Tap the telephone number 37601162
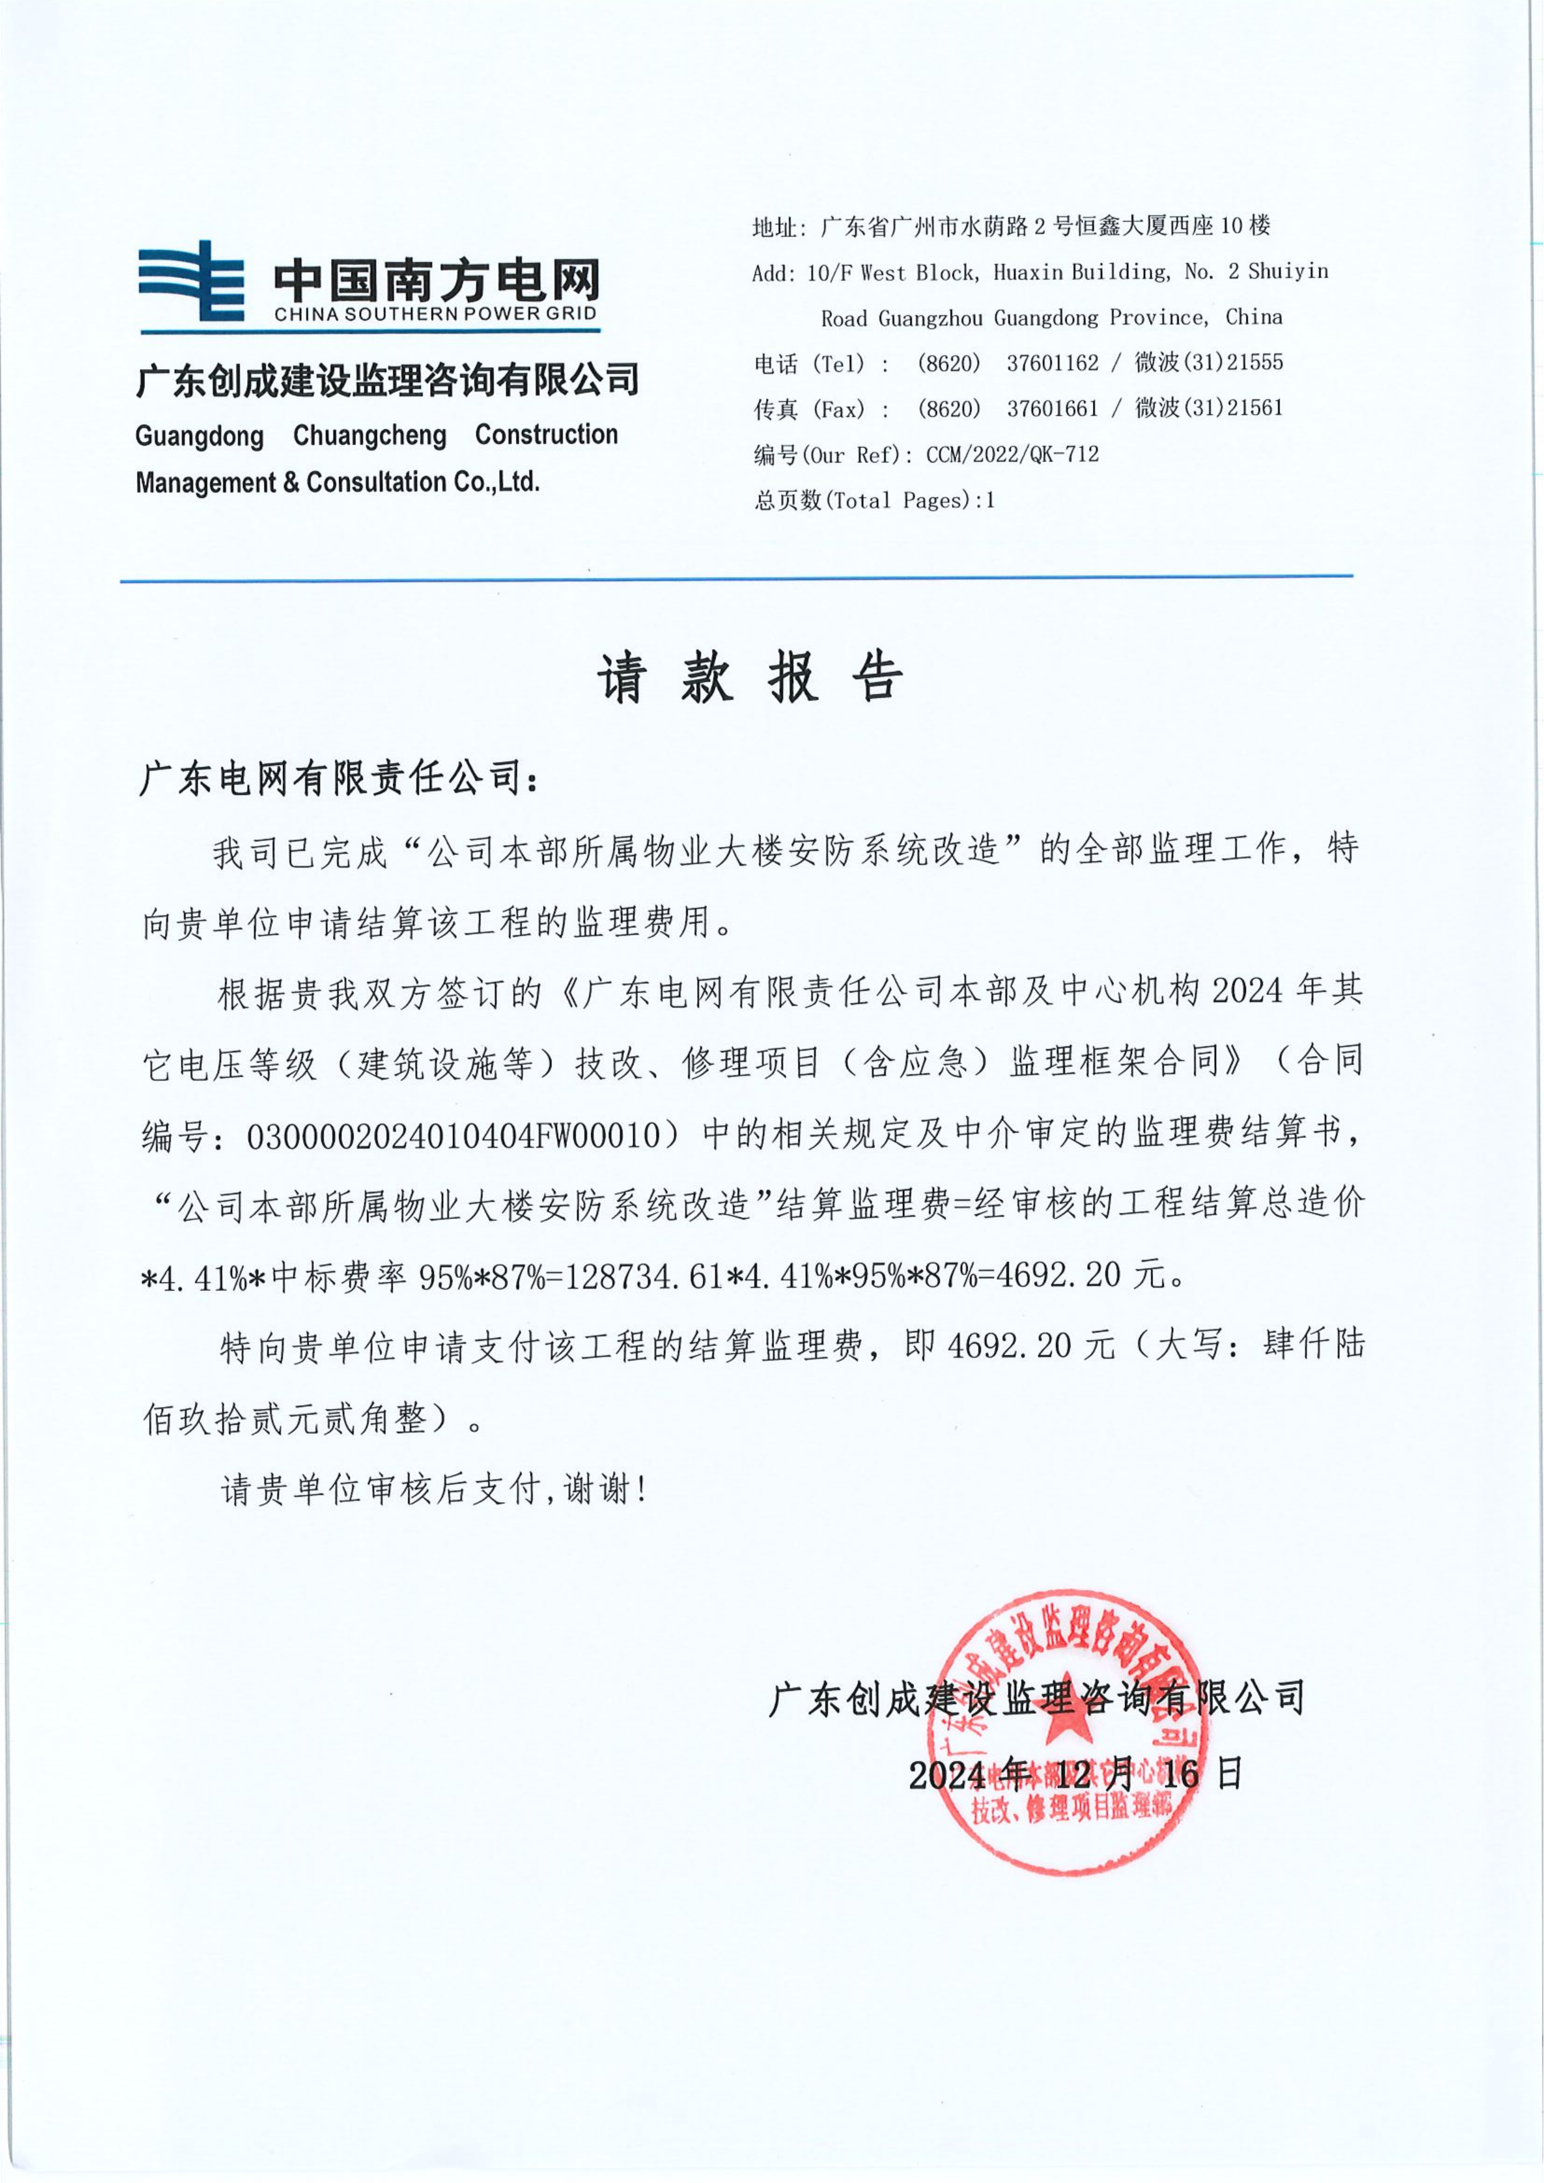tap(1052, 362)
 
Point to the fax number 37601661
tap(1052, 409)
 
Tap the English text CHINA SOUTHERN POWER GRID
tap(436, 314)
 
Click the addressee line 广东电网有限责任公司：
tap(339, 778)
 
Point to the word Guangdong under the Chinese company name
tap(200, 436)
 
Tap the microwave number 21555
tap(1255, 362)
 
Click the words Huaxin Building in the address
tap(1081, 272)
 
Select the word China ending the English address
tap(1253, 317)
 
